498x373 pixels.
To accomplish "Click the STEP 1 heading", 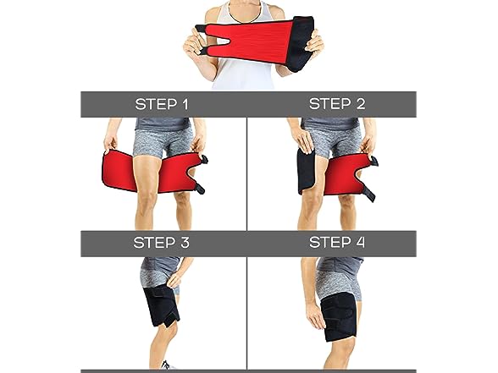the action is (162, 104).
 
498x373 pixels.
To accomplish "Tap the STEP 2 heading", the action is (337, 104).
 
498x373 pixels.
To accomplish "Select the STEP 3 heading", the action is (161, 243).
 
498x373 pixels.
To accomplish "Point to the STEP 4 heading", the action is (337, 242).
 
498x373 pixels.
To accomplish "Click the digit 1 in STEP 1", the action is (185, 104).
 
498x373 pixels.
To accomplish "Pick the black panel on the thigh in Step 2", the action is (307, 171).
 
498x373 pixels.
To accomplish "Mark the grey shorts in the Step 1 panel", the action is (163, 141).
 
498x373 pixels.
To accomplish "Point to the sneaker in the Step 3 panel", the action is (168, 365).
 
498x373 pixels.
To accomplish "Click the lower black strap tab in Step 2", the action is (369, 193).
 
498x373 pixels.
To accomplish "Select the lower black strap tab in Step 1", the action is (199, 188).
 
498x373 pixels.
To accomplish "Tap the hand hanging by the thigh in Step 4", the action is (316, 315).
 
